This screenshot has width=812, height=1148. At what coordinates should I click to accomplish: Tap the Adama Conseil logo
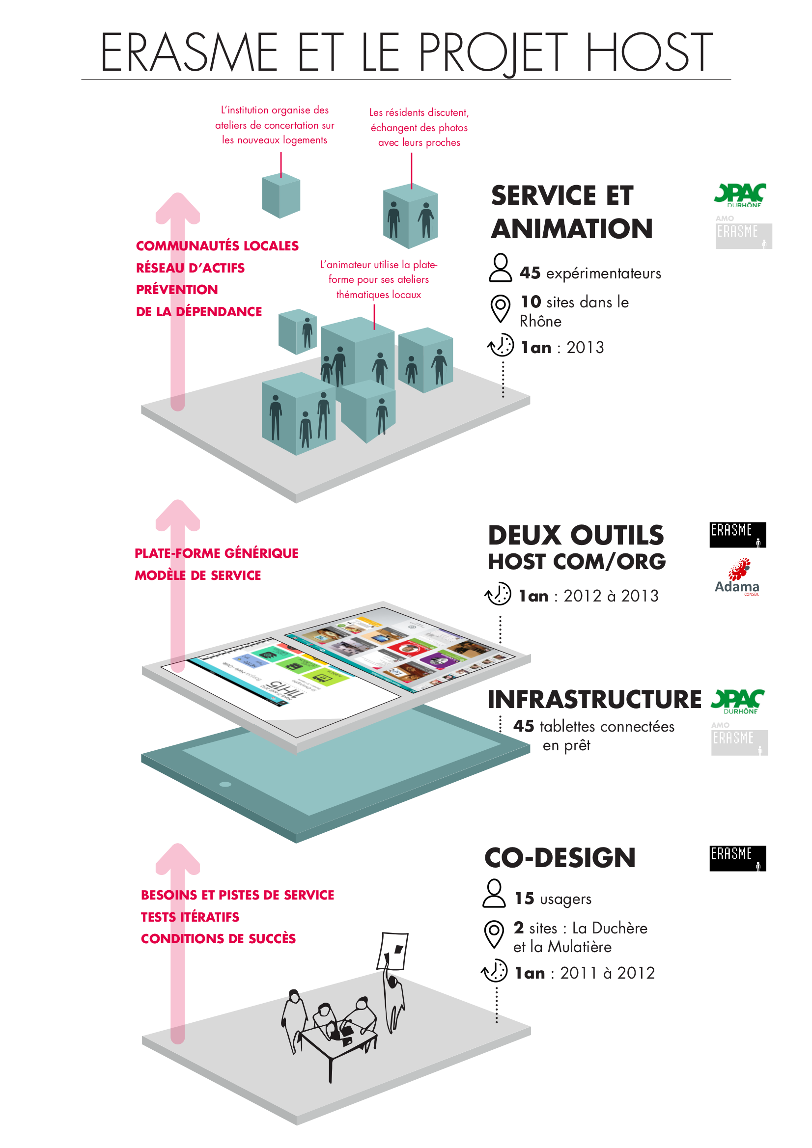pos(737,578)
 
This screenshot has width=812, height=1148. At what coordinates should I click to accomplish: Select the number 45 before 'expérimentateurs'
pos(530,273)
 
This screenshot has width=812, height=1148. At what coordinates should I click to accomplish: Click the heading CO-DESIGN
pos(560,858)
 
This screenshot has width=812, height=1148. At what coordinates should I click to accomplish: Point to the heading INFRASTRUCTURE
pos(594,700)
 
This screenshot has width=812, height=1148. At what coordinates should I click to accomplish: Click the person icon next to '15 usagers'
pos(494,894)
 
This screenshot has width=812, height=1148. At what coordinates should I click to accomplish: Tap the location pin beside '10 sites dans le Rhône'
pos(500,308)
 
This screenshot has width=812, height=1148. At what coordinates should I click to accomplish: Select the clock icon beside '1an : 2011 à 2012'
pos(494,971)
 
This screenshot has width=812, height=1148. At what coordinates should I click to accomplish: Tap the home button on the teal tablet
pos(225,784)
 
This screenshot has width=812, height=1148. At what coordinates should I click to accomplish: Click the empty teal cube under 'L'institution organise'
pos(281,196)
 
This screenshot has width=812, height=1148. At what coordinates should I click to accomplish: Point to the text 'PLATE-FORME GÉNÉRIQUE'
pos(216,553)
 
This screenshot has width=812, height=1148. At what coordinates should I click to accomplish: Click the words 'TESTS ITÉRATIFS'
pos(190,917)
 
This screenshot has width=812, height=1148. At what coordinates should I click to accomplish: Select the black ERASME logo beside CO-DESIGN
pos(737,858)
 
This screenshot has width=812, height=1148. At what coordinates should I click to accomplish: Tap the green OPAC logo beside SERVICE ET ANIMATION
pos(739,195)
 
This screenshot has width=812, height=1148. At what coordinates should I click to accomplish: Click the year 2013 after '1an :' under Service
pos(585,348)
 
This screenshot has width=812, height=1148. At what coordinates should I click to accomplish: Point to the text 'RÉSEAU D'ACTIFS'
pos(190,268)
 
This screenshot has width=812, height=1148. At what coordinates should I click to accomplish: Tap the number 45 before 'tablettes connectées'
pos(523,726)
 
